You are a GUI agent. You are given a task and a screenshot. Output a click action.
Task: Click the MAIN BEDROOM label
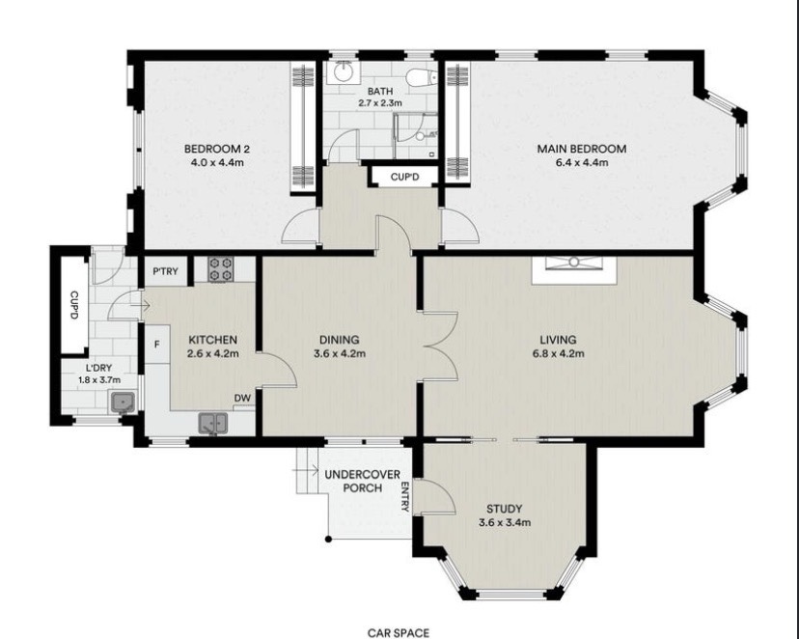pyautogui.click(x=582, y=149)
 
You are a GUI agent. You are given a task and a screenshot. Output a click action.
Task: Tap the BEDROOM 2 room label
pyautogui.click(x=216, y=149)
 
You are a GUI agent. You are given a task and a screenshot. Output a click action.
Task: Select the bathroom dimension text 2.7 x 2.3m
pyautogui.click(x=380, y=102)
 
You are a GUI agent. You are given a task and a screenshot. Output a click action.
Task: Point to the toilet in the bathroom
pyautogui.click(x=421, y=77)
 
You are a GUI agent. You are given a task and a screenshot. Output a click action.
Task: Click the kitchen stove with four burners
pyautogui.click(x=221, y=269)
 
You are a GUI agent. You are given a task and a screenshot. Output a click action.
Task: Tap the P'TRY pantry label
pyautogui.click(x=166, y=271)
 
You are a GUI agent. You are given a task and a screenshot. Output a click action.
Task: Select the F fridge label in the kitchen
pyautogui.click(x=157, y=345)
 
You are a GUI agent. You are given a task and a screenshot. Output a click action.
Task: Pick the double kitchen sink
pyautogui.click(x=213, y=424)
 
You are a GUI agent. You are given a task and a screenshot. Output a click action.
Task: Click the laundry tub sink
pyautogui.click(x=123, y=403)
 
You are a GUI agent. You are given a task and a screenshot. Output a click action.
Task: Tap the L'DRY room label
pyautogui.click(x=98, y=368)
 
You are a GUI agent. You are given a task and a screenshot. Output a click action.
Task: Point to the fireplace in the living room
pyautogui.click(x=574, y=270)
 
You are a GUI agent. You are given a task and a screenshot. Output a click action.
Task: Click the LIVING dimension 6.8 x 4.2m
pyautogui.click(x=559, y=353)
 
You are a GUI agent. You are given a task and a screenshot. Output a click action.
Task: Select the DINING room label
pyautogui.click(x=340, y=340)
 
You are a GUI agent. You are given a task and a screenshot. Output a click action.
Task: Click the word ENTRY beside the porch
pyautogui.click(x=405, y=496)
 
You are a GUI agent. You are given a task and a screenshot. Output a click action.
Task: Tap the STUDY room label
pyautogui.click(x=504, y=509)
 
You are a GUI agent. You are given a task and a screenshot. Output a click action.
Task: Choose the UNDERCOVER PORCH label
pyautogui.click(x=362, y=481)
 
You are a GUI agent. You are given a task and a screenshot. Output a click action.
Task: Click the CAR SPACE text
pyautogui.click(x=399, y=633)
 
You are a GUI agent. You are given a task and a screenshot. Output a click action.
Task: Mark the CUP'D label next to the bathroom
pyautogui.click(x=404, y=178)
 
